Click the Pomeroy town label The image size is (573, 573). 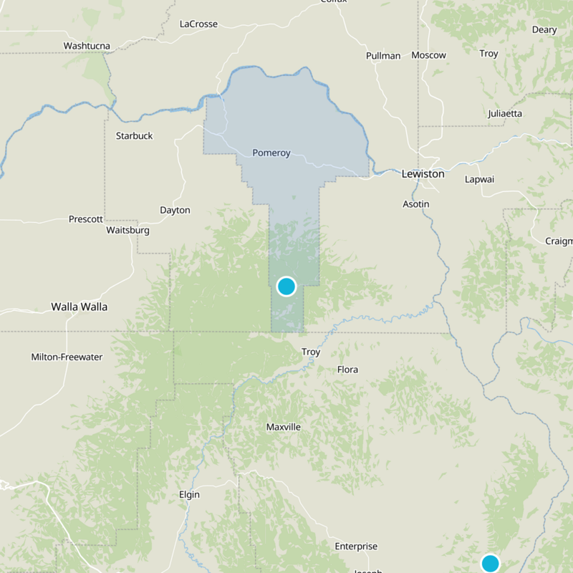(x=271, y=153)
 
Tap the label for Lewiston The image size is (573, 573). (x=423, y=173)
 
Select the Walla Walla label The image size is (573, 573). (x=79, y=307)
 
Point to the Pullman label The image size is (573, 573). (x=383, y=55)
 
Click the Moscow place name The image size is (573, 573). (x=428, y=55)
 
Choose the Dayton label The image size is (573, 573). (x=175, y=210)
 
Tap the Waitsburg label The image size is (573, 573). (x=127, y=230)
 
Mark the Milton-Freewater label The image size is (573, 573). (x=67, y=357)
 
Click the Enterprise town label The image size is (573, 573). (x=356, y=546)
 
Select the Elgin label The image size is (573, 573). (x=189, y=494)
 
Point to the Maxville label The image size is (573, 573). (x=284, y=427)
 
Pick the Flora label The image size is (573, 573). (x=347, y=370)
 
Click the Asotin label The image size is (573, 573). (x=415, y=204)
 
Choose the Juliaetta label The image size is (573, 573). (x=504, y=113)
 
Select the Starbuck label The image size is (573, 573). (x=134, y=135)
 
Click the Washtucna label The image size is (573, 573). (x=87, y=46)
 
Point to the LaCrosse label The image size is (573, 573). (x=198, y=24)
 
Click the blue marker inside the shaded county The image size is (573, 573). (x=286, y=286)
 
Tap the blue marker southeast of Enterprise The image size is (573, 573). (x=491, y=563)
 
